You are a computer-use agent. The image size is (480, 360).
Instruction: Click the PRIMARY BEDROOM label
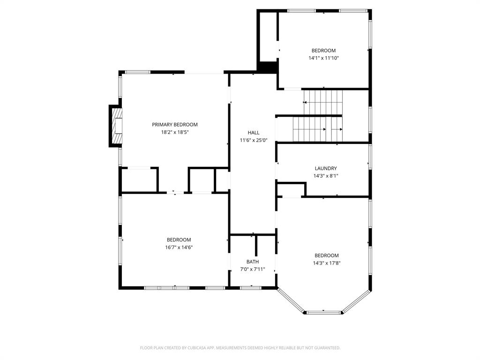(x=174, y=125)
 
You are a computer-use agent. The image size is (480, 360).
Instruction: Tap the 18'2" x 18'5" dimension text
(x=174, y=132)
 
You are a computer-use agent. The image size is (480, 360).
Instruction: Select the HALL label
(x=253, y=133)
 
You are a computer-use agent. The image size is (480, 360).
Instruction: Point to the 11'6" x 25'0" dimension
(x=253, y=140)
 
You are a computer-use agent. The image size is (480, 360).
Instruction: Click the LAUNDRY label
(x=325, y=168)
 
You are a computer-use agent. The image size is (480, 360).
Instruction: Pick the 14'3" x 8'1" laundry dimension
(x=325, y=176)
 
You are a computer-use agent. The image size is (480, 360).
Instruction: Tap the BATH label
(x=252, y=262)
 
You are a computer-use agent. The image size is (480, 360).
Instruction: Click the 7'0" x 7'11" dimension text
(x=252, y=269)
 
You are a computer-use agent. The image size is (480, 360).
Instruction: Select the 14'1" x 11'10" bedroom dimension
(x=323, y=58)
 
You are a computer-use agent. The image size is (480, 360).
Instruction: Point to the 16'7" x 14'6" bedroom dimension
(x=179, y=247)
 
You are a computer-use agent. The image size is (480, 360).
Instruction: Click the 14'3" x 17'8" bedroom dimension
(x=326, y=263)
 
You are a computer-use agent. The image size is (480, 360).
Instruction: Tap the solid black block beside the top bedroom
(x=268, y=67)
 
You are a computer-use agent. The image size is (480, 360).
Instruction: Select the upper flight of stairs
(x=323, y=102)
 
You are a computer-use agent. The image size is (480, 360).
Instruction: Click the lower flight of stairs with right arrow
(x=318, y=129)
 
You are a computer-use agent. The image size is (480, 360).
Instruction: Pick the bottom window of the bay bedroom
(x=323, y=312)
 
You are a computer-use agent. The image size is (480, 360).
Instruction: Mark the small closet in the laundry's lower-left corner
(x=291, y=190)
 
